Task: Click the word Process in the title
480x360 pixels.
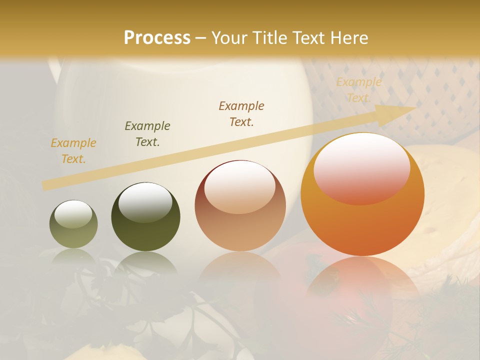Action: (x=157, y=38)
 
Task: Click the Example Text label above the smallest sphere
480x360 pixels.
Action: (x=73, y=151)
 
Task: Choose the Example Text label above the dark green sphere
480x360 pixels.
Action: (x=147, y=134)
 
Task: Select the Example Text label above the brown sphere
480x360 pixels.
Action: (x=241, y=114)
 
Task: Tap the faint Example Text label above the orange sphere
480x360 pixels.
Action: (x=358, y=90)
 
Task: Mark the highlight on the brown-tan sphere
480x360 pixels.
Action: (x=239, y=186)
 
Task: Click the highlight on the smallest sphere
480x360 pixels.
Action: (x=73, y=213)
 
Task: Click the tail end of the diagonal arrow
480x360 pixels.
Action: (x=46, y=185)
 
